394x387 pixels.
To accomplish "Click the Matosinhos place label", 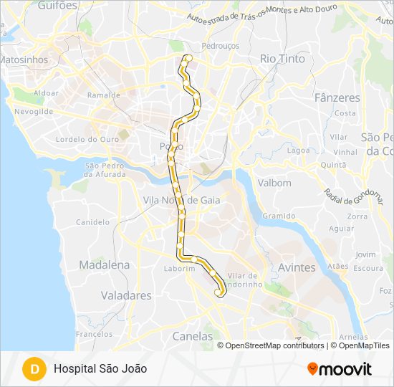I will click(x=24, y=60).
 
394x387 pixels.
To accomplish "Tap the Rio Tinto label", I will click(x=282, y=59).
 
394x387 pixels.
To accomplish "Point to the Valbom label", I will click(x=274, y=183).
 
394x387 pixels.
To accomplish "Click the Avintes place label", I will click(x=297, y=267).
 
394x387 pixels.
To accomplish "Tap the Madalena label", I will click(x=105, y=264).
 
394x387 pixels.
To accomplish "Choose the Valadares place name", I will click(x=126, y=295).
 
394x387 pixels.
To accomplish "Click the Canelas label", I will click(x=193, y=335).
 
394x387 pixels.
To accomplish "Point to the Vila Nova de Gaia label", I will click(x=181, y=201).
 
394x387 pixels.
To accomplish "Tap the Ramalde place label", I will click(x=103, y=95).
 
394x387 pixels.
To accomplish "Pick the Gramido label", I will click(x=279, y=216).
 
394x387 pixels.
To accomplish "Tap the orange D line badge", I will click(x=33, y=369).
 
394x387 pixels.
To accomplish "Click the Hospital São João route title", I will click(x=100, y=368).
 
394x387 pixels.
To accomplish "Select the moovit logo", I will click(x=340, y=369).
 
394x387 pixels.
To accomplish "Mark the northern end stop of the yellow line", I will click(x=188, y=57).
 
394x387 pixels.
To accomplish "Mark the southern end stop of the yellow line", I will click(x=218, y=292).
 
